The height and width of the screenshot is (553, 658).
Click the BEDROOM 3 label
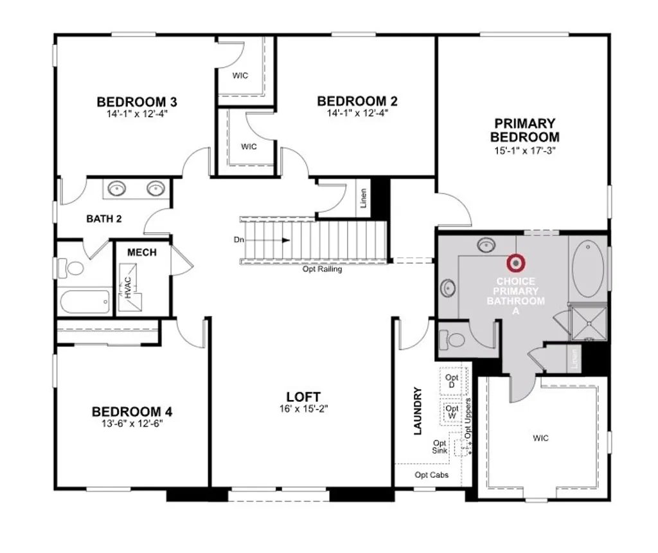[137, 102]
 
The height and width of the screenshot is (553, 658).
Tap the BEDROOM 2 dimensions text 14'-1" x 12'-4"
[357, 113]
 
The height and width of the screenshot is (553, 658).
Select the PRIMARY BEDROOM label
[524, 130]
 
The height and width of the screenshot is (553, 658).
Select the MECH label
[141, 253]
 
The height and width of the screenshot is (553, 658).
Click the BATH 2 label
[104, 219]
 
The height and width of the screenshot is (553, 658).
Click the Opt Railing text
[322, 269]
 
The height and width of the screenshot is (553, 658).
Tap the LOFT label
[303, 397]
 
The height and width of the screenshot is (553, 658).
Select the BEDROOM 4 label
[132, 412]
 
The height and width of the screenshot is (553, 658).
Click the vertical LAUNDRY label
[418, 411]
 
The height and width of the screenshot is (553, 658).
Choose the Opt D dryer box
[452, 381]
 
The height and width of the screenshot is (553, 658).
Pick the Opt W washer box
[452, 412]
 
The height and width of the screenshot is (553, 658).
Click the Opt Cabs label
[432, 475]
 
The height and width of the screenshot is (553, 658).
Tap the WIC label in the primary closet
[540, 439]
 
